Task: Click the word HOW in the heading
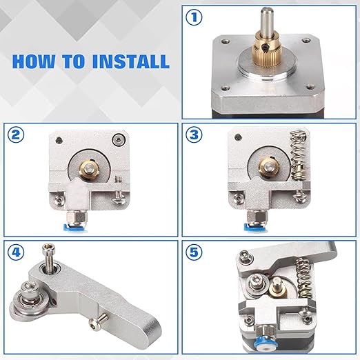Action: tap(34, 61)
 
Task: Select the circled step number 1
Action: tap(194, 17)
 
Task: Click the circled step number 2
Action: tap(16, 134)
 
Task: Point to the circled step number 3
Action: tap(194, 134)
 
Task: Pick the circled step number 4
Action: tap(16, 252)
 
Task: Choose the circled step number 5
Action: tap(194, 252)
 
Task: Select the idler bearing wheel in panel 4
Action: tap(25, 299)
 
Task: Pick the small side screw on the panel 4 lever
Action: tap(98, 320)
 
